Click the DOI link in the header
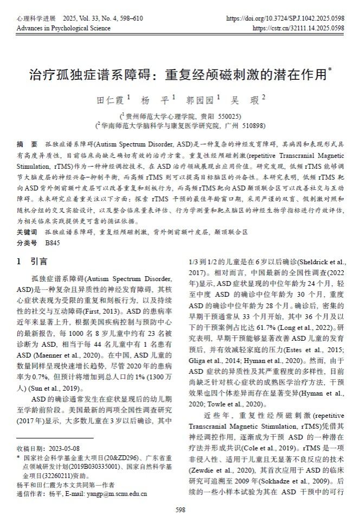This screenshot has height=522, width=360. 285,18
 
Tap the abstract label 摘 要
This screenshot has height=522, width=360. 27,144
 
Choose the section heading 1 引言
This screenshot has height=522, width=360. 32,261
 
